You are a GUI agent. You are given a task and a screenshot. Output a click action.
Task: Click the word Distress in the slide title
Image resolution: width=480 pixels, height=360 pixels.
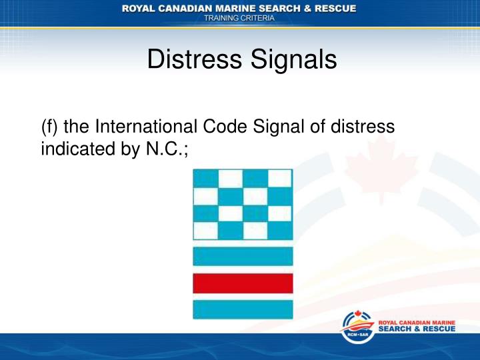click(188, 62)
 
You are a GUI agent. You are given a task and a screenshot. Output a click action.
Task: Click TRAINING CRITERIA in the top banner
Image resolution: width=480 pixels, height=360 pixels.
click(239, 19)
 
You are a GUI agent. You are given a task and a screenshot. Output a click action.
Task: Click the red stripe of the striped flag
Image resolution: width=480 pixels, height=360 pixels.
click(243, 283)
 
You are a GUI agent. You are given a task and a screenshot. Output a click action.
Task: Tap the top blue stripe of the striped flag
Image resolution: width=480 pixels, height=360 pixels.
click(243, 256)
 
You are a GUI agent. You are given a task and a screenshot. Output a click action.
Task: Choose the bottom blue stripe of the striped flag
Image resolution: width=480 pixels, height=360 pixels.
click(243, 309)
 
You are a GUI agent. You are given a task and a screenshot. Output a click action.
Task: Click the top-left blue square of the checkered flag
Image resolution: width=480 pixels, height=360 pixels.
click(206, 179)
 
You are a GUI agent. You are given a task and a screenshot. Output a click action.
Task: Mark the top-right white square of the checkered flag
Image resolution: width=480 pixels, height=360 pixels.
click(280, 179)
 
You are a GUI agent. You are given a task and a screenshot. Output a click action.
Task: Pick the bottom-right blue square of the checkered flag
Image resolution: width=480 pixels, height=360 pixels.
click(280, 231)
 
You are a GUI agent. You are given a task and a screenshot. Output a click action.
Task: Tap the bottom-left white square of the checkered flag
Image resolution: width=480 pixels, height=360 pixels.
click(206, 231)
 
